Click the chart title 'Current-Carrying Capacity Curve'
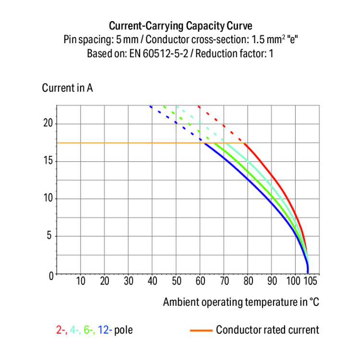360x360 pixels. pyautogui.click(x=180, y=25)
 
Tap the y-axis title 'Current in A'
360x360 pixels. pyautogui.click(x=67, y=88)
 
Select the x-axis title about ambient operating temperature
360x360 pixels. pyautogui.click(x=241, y=302)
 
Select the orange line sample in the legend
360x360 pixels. pyautogui.click(x=201, y=330)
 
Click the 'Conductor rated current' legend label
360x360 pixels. pyautogui.click(x=267, y=330)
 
